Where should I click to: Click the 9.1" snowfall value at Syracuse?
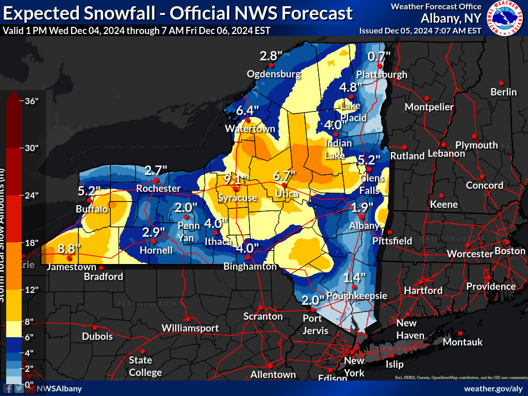pyautogui.click(x=236, y=179)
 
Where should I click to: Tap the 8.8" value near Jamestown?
pyautogui.click(x=69, y=249)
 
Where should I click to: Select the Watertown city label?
pyautogui.click(x=250, y=129)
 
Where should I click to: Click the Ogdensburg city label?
pyautogui.click(x=273, y=74)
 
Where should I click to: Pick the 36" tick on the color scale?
pyautogui.click(x=32, y=101)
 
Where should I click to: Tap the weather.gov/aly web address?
pyautogui.click(x=493, y=388)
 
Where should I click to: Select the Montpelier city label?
pyautogui.click(x=429, y=107)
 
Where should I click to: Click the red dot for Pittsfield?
pyautogui.click(x=390, y=232)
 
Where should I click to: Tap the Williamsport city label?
pyautogui.click(x=190, y=328)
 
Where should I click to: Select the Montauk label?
pyautogui.click(x=463, y=342)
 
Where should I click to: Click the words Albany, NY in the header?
pyautogui.click(x=451, y=18)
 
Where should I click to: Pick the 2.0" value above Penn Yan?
pyautogui.click(x=186, y=207)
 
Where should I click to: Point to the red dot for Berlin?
pyautogui.click(x=500, y=82)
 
